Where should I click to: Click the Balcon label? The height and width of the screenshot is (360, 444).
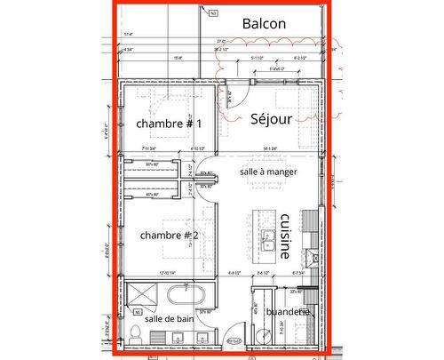click(x=263, y=24)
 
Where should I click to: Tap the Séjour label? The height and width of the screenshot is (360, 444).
click(x=270, y=118)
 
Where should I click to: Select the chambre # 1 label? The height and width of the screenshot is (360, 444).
click(x=169, y=124)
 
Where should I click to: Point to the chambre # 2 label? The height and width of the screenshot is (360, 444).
click(x=169, y=235)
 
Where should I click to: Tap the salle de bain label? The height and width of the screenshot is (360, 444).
click(x=169, y=318)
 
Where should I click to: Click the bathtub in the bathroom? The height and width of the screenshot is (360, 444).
click(x=186, y=292)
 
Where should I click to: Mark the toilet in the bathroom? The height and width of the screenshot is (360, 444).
click(x=135, y=332)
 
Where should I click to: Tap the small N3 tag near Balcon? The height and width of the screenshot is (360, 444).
click(x=213, y=13)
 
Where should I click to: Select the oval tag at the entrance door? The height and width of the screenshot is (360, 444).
click(x=234, y=340)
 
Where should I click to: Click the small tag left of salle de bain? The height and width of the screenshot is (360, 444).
click(x=138, y=312)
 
